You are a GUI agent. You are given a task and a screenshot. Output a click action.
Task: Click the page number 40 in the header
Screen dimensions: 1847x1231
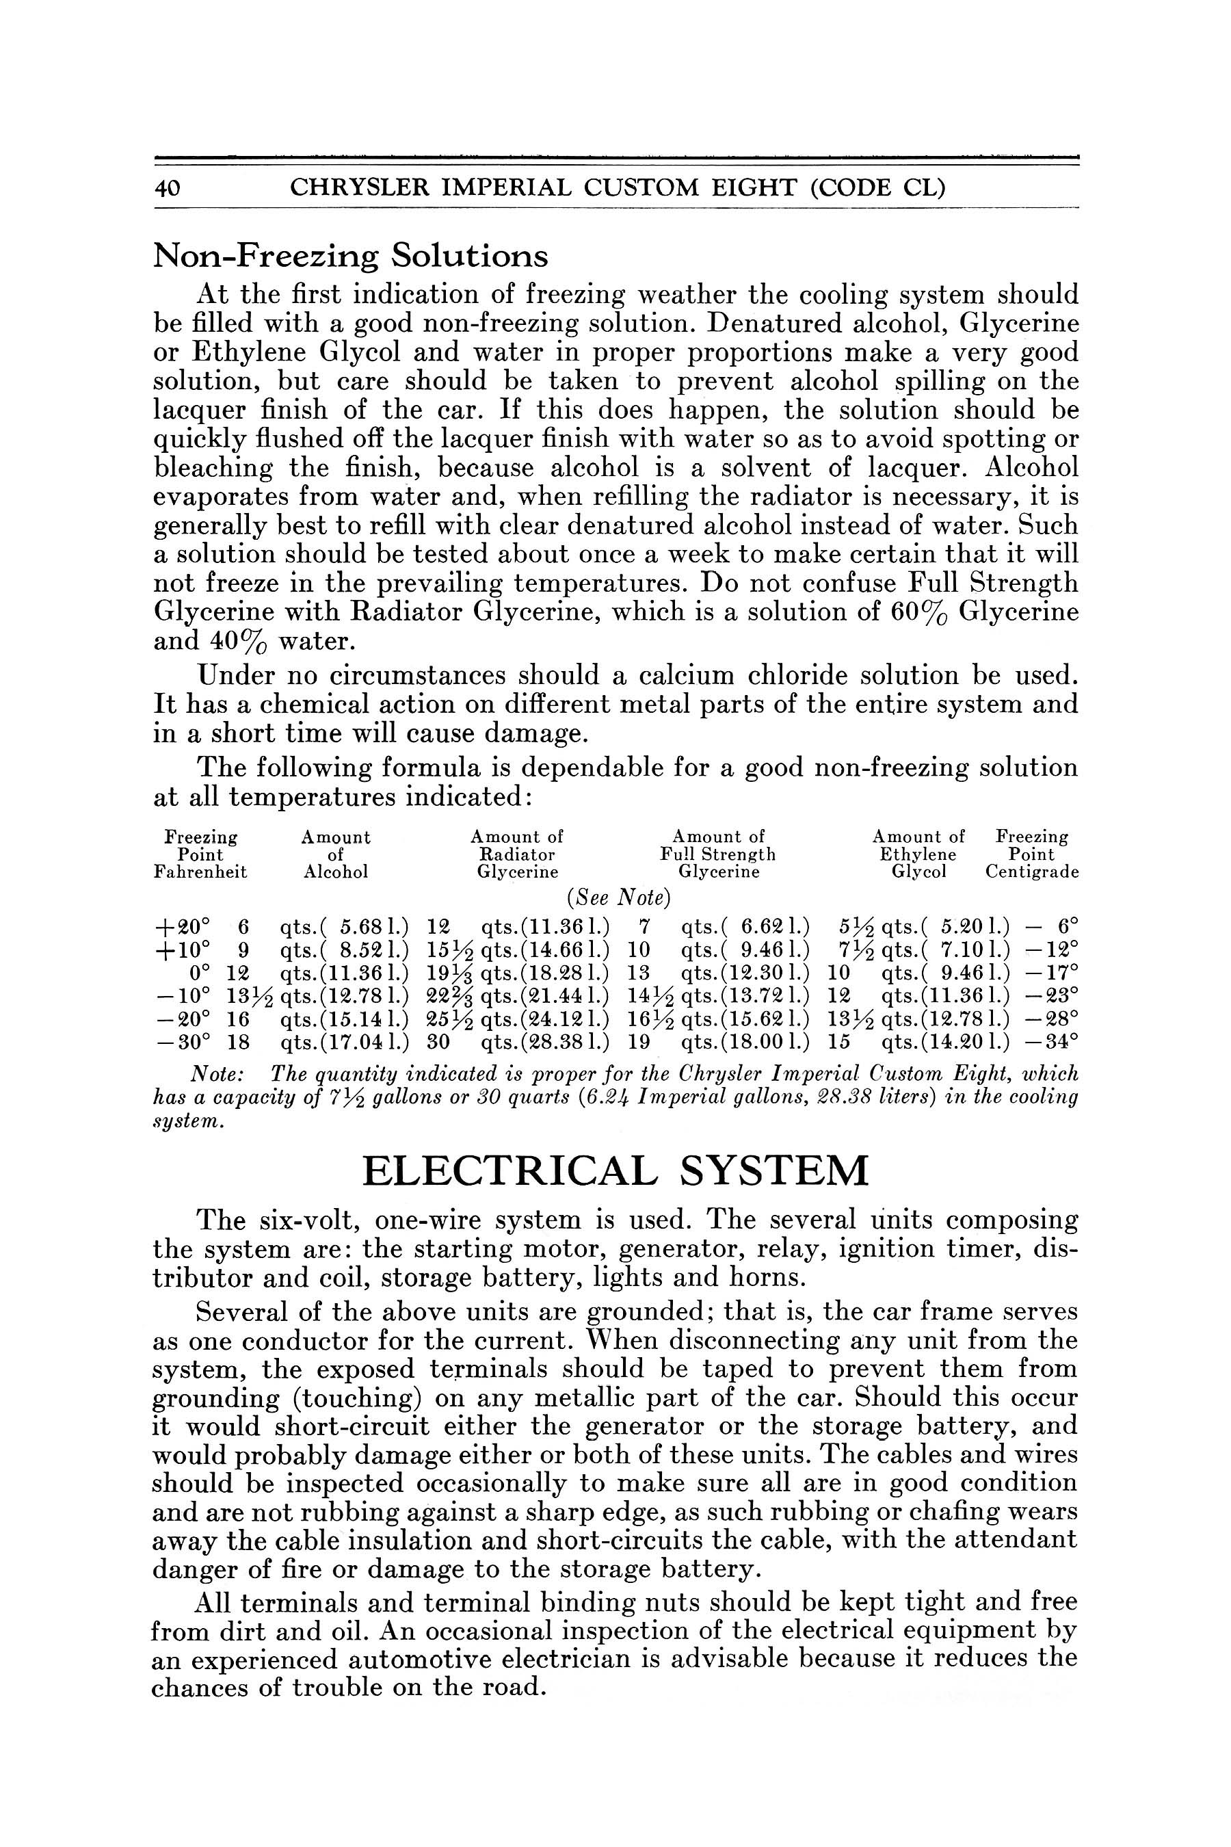coord(168,187)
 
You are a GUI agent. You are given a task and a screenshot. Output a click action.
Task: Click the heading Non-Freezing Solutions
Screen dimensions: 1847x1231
coord(350,256)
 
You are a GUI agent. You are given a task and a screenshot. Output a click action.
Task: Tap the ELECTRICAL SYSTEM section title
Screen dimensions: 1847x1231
coord(615,1171)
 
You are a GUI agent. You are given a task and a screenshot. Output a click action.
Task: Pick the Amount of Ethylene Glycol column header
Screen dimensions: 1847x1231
coord(918,854)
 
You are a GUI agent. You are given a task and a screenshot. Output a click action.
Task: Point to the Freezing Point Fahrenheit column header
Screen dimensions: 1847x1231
coord(200,854)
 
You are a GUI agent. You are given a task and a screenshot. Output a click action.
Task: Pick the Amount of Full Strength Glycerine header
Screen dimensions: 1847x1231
coord(717,854)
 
